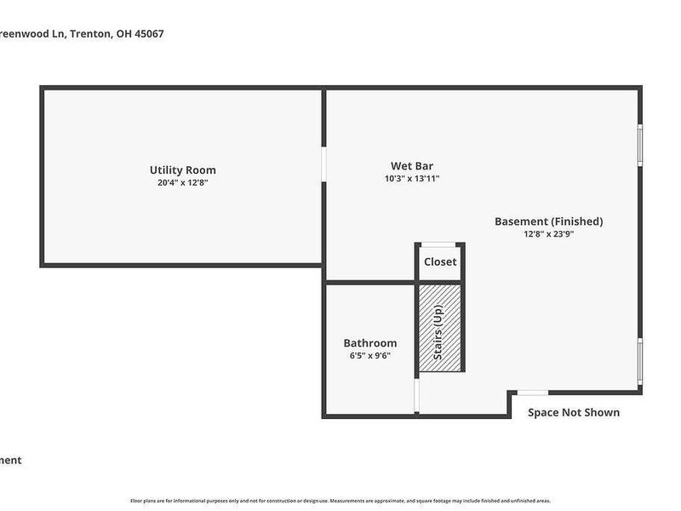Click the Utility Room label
182,169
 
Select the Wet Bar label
406,165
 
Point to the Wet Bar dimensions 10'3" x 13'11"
411,179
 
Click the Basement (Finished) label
548,221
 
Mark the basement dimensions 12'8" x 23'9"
549,234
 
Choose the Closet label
440,262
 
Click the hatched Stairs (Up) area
439,328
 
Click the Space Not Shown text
574,412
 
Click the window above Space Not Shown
533,393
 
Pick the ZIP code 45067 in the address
146,34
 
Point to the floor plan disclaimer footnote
340,501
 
